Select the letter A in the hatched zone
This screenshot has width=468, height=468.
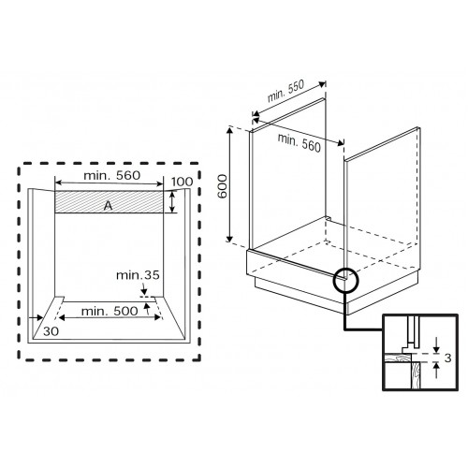[110, 203]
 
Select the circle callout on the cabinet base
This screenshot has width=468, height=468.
[344, 279]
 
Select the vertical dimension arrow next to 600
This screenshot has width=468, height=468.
[230, 183]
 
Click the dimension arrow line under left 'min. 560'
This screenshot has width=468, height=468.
[110, 183]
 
